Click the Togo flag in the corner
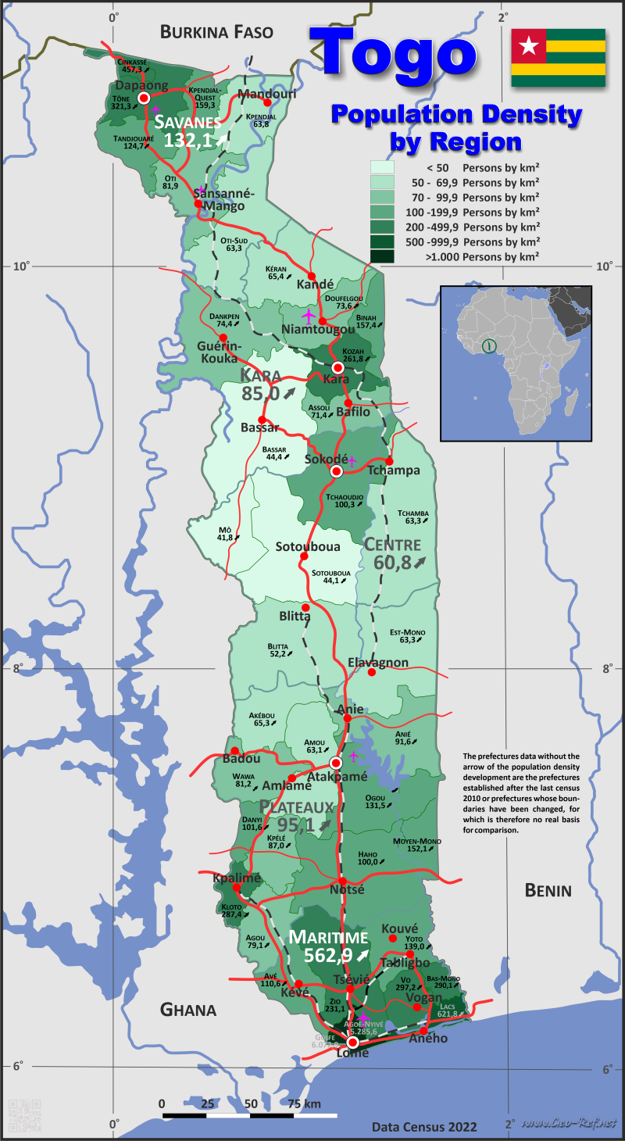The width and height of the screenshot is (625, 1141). pyautogui.click(x=558, y=58)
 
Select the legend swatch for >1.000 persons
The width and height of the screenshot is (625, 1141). pyautogui.click(x=382, y=256)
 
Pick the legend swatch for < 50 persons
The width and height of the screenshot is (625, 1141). pyautogui.click(x=382, y=167)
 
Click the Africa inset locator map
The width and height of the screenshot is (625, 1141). pyautogui.click(x=516, y=363)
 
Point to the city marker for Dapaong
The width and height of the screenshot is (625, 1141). pyautogui.click(x=144, y=98)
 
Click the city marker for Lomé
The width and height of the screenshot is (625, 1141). pyautogui.click(x=352, y=1042)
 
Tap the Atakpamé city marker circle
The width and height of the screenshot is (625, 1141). pyautogui.click(x=336, y=763)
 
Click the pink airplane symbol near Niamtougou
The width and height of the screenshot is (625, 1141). pyautogui.click(x=309, y=316)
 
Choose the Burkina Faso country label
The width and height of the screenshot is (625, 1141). pyautogui.click(x=216, y=32)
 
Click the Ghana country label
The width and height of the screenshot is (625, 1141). pyautogui.click(x=188, y=1010)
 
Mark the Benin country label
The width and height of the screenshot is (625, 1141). pyautogui.click(x=548, y=890)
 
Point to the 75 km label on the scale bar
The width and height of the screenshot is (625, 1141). pyautogui.click(x=304, y=1103)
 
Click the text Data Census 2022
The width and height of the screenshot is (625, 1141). pyautogui.click(x=423, y=1126)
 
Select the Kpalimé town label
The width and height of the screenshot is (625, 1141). pyautogui.click(x=236, y=878)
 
